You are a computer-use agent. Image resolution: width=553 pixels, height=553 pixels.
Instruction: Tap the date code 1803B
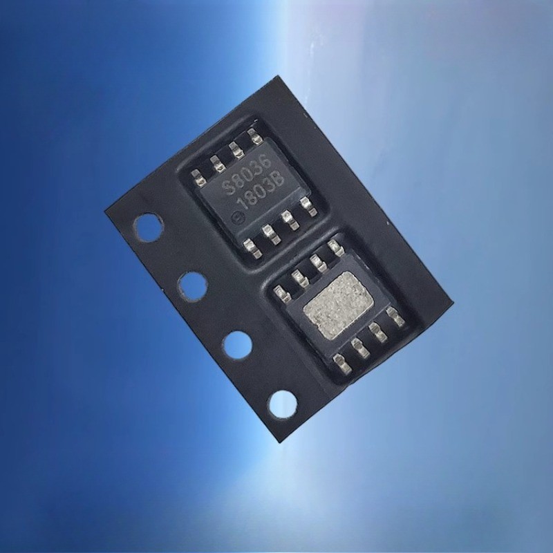261,192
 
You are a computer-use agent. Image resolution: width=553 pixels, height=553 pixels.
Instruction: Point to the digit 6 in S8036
267,163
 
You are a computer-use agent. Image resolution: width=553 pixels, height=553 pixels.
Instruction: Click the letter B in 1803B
279,182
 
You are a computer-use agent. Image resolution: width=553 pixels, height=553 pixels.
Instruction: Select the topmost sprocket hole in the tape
149,227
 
